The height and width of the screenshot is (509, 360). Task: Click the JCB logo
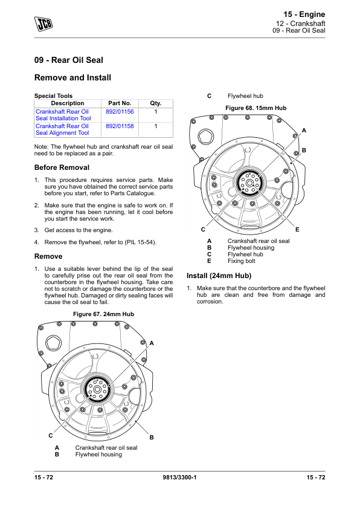click(43, 24)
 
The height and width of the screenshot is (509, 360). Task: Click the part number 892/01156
click(120, 112)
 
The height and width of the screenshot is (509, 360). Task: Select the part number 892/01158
click(120, 126)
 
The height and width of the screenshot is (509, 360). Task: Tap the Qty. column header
click(156, 103)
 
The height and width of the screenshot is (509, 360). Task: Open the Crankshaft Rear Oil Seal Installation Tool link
click(63, 115)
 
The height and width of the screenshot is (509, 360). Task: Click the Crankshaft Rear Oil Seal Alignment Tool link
click(62, 129)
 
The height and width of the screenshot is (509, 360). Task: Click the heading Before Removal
click(62, 167)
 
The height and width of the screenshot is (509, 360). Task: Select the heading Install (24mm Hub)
click(219, 276)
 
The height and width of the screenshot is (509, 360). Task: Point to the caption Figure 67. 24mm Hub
click(103, 314)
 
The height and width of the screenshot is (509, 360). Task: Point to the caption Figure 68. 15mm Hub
click(256, 108)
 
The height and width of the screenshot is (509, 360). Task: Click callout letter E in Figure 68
click(297, 230)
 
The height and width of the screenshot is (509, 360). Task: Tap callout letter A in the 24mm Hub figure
click(152, 343)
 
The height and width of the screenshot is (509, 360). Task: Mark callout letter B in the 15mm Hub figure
click(304, 151)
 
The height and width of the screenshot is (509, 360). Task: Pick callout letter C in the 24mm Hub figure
click(51, 436)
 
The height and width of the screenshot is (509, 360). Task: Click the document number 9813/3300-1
click(179, 478)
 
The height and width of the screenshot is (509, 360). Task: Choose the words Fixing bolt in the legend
click(241, 261)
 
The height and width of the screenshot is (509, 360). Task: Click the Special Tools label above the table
click(54, 96)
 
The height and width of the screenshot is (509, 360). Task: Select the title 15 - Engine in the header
click(304, 15)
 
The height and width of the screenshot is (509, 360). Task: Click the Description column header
click(68, 103)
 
